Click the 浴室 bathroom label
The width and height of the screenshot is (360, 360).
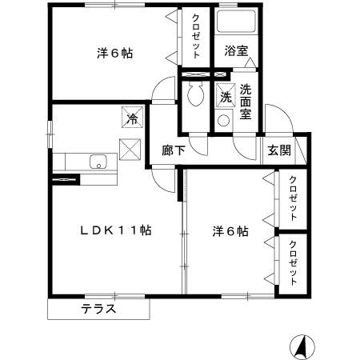(x=236, y=51)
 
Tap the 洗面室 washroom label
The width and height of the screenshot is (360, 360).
(x=246, y=102)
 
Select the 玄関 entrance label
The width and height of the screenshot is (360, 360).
(x=279, y=149)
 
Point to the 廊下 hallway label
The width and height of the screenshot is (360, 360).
(x=172, y=150)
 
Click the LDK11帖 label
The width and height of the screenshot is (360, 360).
(x=116, y=230)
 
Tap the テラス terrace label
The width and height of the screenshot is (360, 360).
(x=99, y=309)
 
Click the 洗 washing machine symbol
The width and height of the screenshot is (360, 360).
(x=226, y=96)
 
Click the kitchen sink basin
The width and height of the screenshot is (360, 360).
(x=98, y=161)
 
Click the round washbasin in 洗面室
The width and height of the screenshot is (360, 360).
(x=224, y=122)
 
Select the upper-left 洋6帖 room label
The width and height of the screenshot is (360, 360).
(x=114, y=54)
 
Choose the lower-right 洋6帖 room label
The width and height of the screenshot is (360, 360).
(x=230, y=232)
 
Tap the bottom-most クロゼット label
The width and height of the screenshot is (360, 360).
(x=294, y=263)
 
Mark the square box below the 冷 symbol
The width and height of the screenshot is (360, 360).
(x=130, y=147)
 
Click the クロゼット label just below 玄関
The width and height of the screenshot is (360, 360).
(x=294, y=198)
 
